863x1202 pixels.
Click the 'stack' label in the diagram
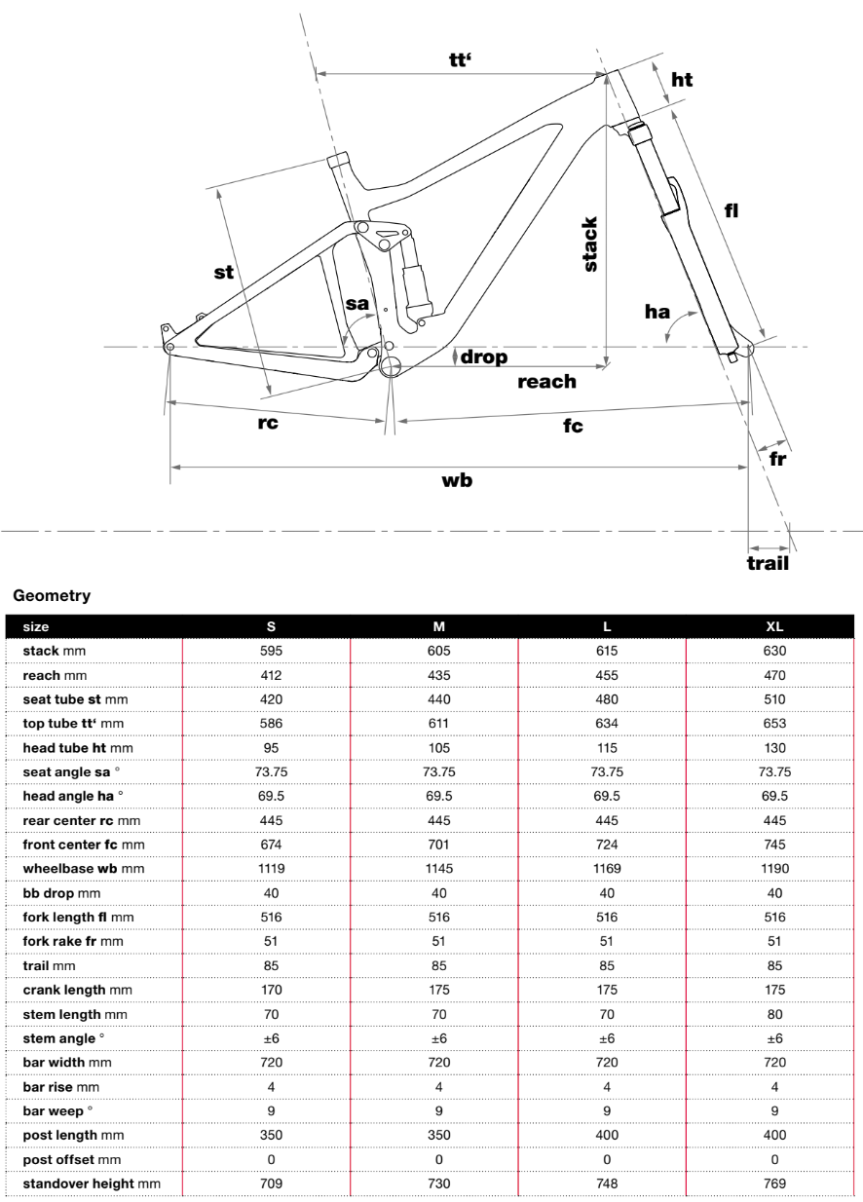tap(590, 244)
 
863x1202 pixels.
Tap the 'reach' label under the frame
tap(546, 382)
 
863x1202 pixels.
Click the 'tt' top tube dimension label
tap(461, 59)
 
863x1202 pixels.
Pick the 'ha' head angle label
tap(657, 312)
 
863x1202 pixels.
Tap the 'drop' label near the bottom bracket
tap(484, 357)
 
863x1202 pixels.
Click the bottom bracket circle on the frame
tap(391, 366)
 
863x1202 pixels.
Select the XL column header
tap(774, 626)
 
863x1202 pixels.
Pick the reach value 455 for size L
tap(606, 675)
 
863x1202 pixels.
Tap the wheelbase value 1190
tap(774, 868)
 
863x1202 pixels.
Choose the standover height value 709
tap(271, 1183)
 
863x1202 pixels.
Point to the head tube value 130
tap(774, 747)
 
